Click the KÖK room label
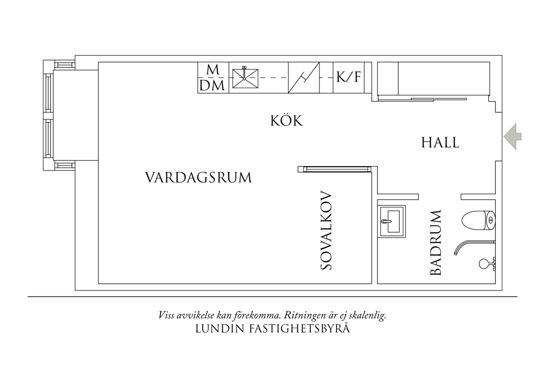pyautogui.click(x=286, y=120)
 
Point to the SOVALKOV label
pyautogui.click(x=326, y=230)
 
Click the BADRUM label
pyautogui.click(x=436, y=242)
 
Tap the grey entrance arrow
pyautogui.click(x=512, y=137)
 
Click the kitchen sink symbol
pyautogui.click(x=245, y=78)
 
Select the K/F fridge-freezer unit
pyautogui.click(x=349, y=78)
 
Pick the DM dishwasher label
pyautogui.click(x=212, y=86)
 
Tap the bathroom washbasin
pyautogui.click(x=392, y=221)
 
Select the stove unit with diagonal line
pyautogui.click(x=304, y=78)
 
